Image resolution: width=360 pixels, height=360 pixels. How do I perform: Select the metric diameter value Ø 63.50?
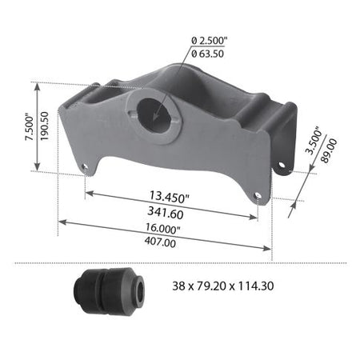tap(210, 56)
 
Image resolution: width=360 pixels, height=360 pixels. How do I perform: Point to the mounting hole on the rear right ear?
tap(282, 166)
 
